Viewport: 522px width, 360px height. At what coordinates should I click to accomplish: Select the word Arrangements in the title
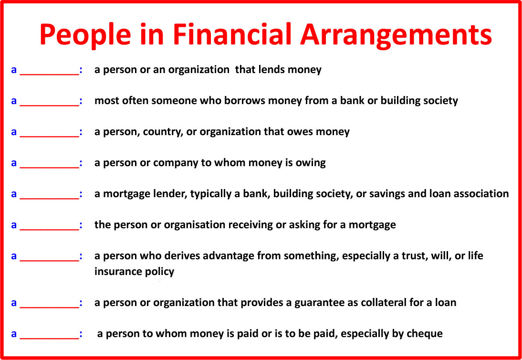pyautogui.click(x=396, y=34)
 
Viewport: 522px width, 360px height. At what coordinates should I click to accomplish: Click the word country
pyautogui.click(x=162, y=132)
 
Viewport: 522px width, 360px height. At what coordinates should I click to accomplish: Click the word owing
pyautogui.click(x=311, y=163)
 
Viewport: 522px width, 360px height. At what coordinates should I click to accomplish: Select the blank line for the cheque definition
pyautogui.click(x=49, y=339)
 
